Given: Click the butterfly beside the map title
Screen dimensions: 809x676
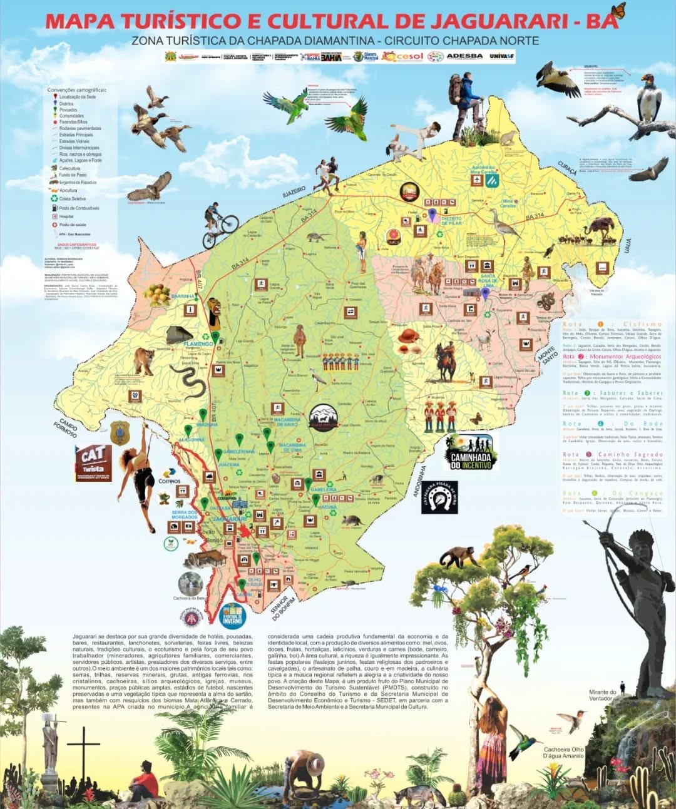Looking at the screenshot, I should tap(618, 11).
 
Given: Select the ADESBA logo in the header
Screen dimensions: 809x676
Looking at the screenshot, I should tap(464, 56).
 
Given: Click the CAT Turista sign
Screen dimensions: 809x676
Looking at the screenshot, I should tap(93, 462).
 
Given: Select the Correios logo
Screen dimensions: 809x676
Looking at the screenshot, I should tap(169, 477).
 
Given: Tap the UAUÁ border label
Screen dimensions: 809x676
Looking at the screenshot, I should tap(628, 246).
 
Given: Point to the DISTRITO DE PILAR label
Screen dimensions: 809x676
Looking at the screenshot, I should tap(451, 221).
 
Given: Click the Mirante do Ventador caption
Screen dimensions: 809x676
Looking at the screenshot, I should tap(602, 695).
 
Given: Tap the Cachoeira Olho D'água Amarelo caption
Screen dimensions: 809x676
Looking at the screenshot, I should tap(563, 753).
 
